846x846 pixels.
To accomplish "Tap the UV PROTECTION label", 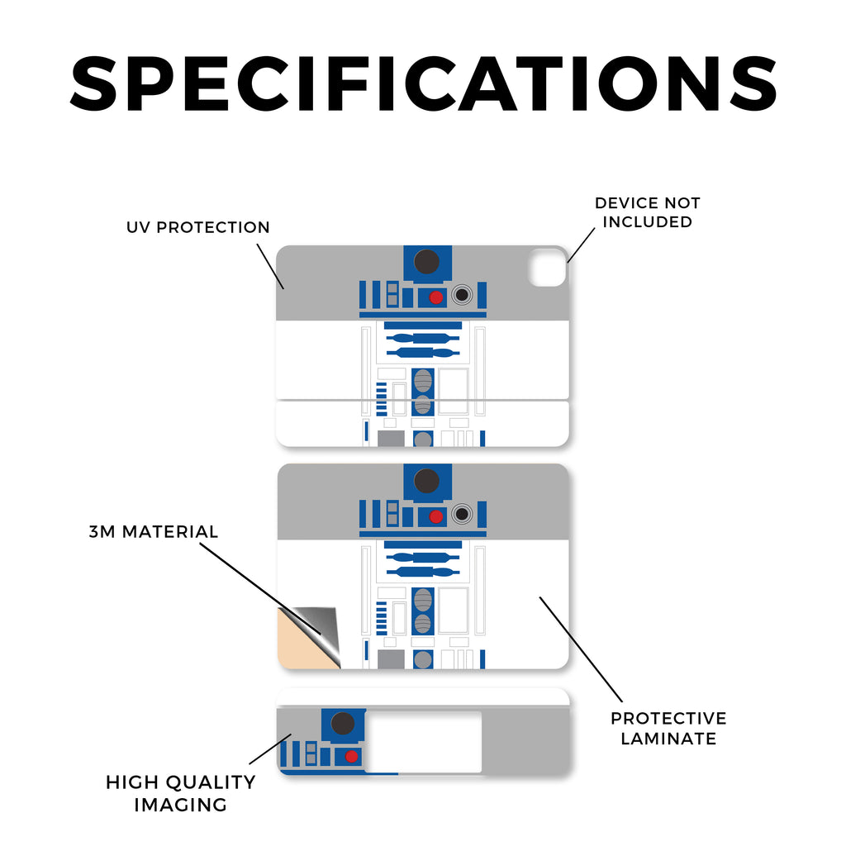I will point(198,227).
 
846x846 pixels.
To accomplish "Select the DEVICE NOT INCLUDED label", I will point(647,212).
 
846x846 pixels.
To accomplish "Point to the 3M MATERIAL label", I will point(154,531).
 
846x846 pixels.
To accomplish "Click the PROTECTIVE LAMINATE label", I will point(668,728).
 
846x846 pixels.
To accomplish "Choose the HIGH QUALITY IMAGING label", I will point(180,792).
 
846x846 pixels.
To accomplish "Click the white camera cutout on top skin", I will point(546,266).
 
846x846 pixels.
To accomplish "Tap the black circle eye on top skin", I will point(426,261).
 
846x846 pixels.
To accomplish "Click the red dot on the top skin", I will point(436,297).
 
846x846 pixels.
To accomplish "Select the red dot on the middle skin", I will point(436,516).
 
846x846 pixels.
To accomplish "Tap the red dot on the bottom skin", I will point(352,756).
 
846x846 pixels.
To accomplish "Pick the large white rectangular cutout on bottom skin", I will point(423,742).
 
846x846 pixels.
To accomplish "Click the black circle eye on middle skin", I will point(426,480).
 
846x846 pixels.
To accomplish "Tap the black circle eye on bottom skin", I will point(343,725).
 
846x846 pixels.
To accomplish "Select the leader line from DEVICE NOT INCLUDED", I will point(581,245).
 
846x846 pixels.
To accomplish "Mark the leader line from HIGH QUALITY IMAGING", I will point(269,748).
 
